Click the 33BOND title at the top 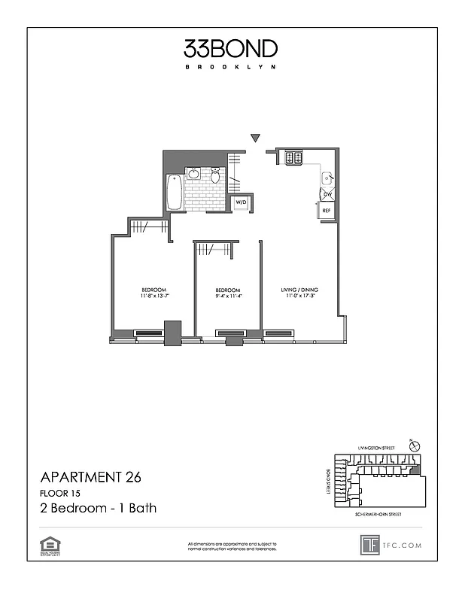pyautogui.click(x=231, y=49)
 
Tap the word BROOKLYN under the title pyautogui.click(x=231, y=67)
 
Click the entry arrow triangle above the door pyautogui.click(x=256, y=138)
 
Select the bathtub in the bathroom pyautogui.click(x=175, y=193)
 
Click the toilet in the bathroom pyautogui.click(x=215, y=175)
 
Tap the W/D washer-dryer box pyautogui.click(x=242, y=203)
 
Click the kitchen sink pyautogui.click(x=328, y=178)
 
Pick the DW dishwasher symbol pyautogui.click(x=327, y=194)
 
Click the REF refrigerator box pyautogui.click(x=327, y=211)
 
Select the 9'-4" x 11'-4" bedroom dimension pyautogui.click(x=227, y=296)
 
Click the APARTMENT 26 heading pyautogui.click(x=90, y=476)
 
